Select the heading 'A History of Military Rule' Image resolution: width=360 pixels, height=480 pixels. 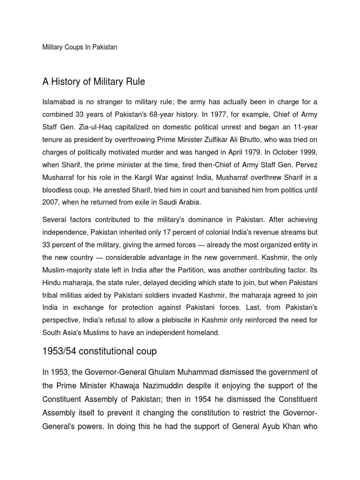coord(94,82)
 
